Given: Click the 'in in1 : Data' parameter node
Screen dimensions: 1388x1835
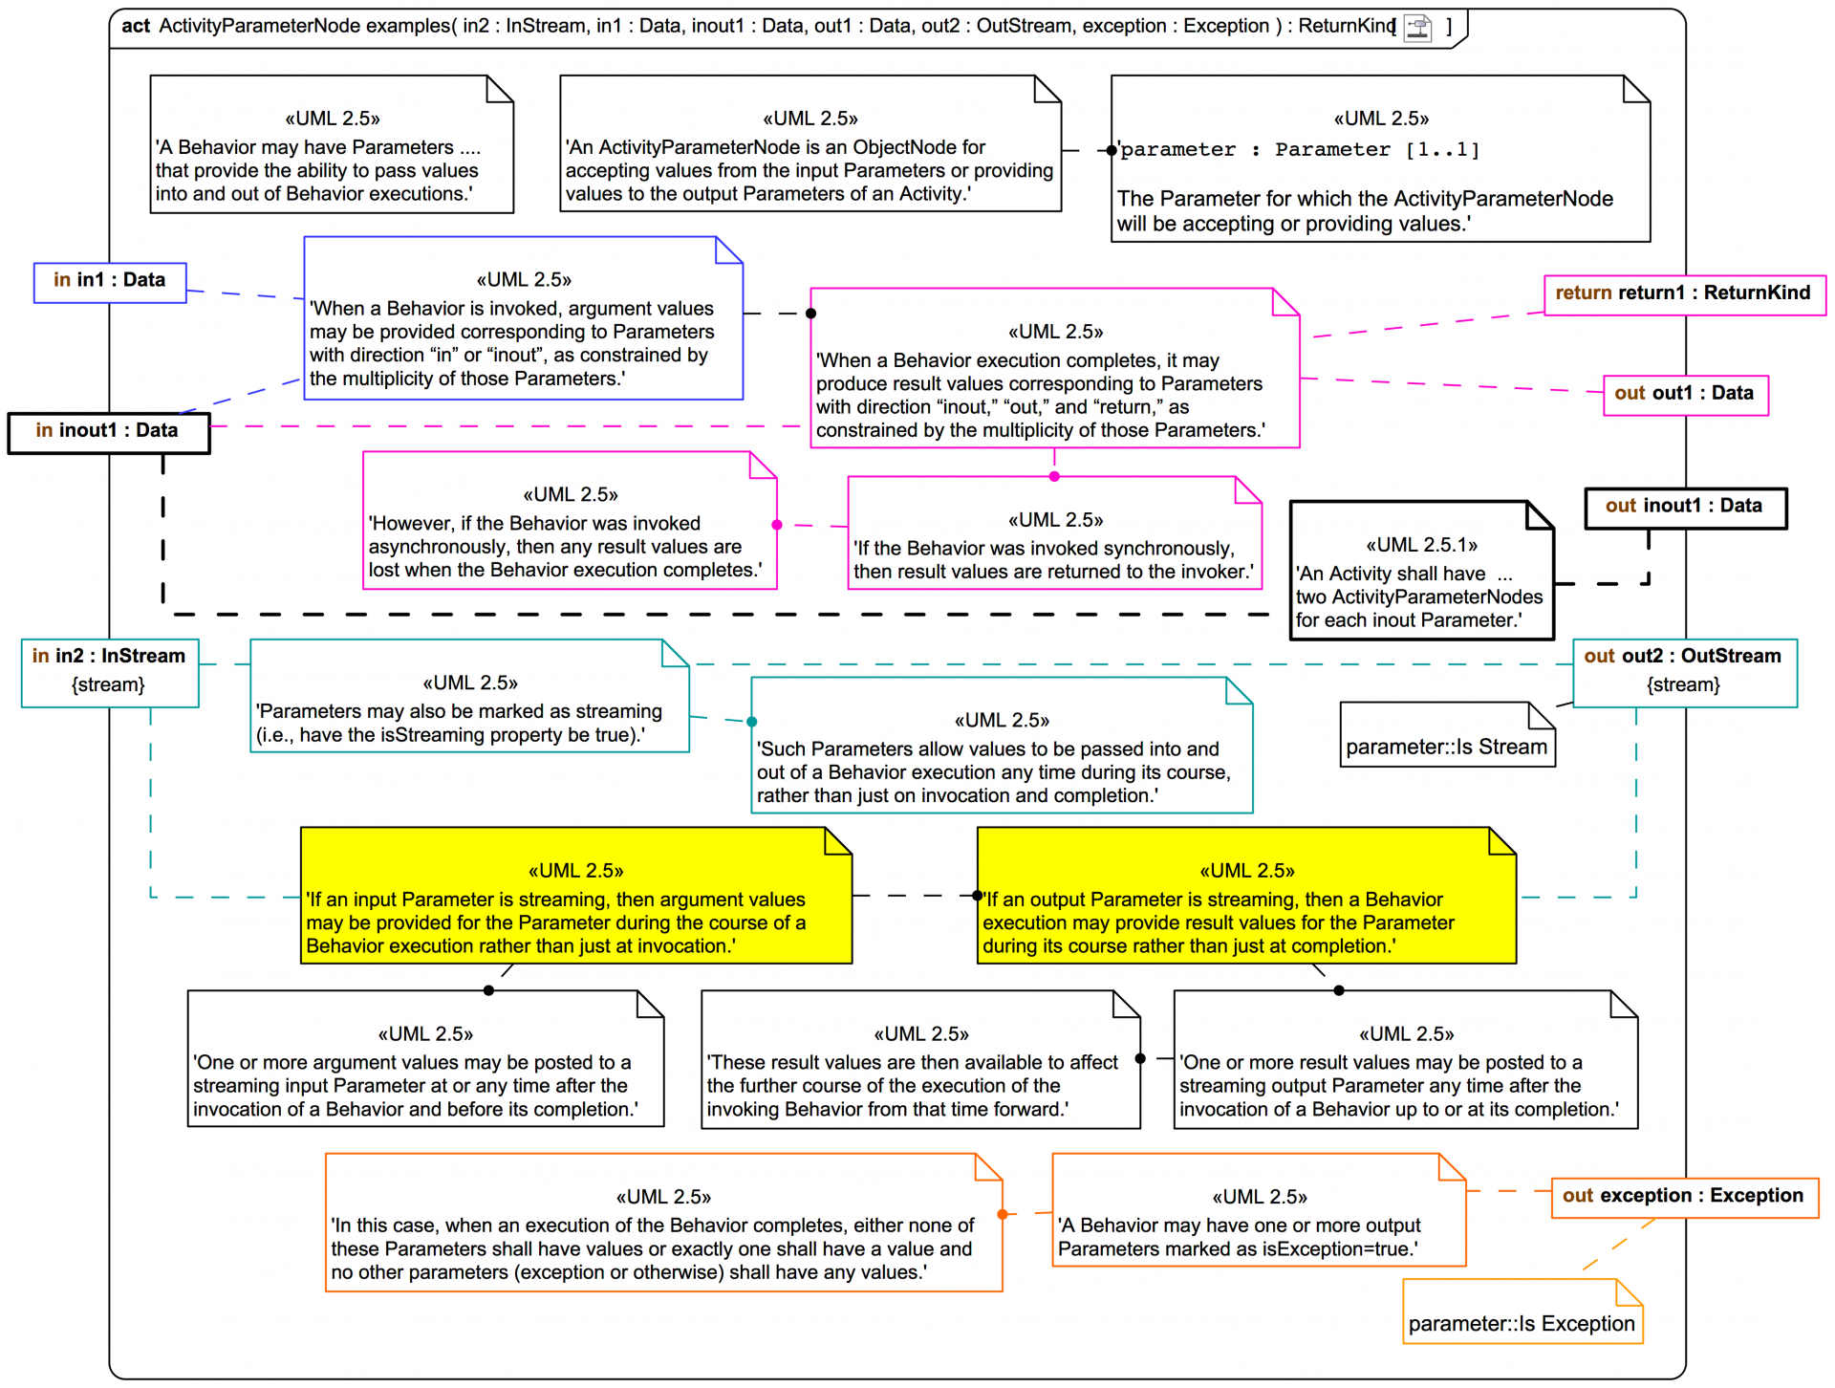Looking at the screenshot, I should pyautogui.click(x=110, y=282).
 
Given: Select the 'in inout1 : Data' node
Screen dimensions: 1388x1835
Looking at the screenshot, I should pyautogui.click(x=108, y=432).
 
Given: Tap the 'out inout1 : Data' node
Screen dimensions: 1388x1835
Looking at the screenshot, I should pyautogui.click(x=1685, y=508).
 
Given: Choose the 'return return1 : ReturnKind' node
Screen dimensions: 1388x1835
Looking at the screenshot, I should pyautogui.click(x=1684, y=294).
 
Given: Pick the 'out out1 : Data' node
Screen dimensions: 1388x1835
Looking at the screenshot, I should pyautogui.click(x=1685, y=395).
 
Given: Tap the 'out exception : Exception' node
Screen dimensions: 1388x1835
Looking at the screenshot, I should pyautogui.click(x=1684, y=1197).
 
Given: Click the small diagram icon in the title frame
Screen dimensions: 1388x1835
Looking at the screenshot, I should pyautogui.click(x=1418, y=28).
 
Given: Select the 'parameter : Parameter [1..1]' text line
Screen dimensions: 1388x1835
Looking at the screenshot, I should pyautogui.click(x=1300, y=150).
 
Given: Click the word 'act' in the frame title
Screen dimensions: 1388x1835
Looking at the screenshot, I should pyautogui.click(x=136, y=26).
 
